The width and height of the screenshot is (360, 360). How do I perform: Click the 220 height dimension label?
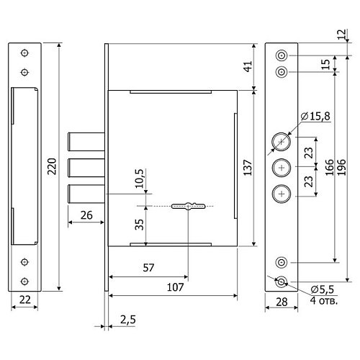tap(52, 166)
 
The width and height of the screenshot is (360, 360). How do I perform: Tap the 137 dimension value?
tap(248, 168)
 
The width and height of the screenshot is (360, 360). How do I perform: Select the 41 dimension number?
tap(248, 66)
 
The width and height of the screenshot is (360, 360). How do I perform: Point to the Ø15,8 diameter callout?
tap(315, 116)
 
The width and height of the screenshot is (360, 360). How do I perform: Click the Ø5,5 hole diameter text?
tap(323, 289)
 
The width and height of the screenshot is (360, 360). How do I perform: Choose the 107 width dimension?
tap(175, 287)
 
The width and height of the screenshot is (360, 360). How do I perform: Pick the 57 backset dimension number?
tap(148, 268)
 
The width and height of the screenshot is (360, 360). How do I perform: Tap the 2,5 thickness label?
tap(128, 320)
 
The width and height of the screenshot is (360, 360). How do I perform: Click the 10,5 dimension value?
tap(139, 179)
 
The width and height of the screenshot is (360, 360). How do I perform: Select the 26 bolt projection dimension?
tap(86, 215)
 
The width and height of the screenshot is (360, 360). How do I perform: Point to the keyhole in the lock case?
tap(188, 207)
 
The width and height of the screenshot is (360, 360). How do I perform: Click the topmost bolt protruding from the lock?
tap(86, 142)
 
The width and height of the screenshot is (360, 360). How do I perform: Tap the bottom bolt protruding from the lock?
tap(86, 194)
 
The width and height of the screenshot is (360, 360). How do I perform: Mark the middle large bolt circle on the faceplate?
tap(282, 168)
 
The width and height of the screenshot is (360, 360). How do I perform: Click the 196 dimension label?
tap(343, 167)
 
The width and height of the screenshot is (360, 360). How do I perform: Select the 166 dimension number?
tap(330, 167)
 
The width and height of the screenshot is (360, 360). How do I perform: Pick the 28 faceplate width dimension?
tap(282, 302)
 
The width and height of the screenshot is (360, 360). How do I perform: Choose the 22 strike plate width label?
tap(25, 300)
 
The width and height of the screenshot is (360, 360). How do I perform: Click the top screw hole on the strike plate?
tap(24, 53)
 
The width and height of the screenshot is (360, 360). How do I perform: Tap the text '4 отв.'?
tap(324, 300)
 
